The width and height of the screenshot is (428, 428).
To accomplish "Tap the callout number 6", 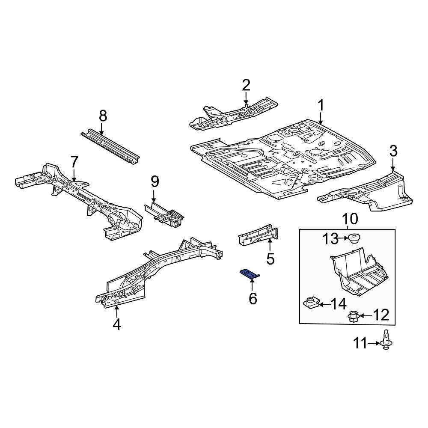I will (253, 298).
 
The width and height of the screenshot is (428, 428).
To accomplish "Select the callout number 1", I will (321, 106).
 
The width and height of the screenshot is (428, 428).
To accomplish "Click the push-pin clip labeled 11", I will (386, 343).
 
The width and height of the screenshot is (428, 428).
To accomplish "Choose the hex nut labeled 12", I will (353, 316).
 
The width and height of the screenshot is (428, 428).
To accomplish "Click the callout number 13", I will (330, 239).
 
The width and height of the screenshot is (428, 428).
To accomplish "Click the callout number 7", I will (74, 162).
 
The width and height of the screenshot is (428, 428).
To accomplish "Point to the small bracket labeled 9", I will (165, 213).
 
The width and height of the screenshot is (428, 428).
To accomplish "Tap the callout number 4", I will (117, 325).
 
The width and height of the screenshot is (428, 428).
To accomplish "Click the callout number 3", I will (393, 151).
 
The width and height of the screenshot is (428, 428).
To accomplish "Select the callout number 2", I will (246, 85).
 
